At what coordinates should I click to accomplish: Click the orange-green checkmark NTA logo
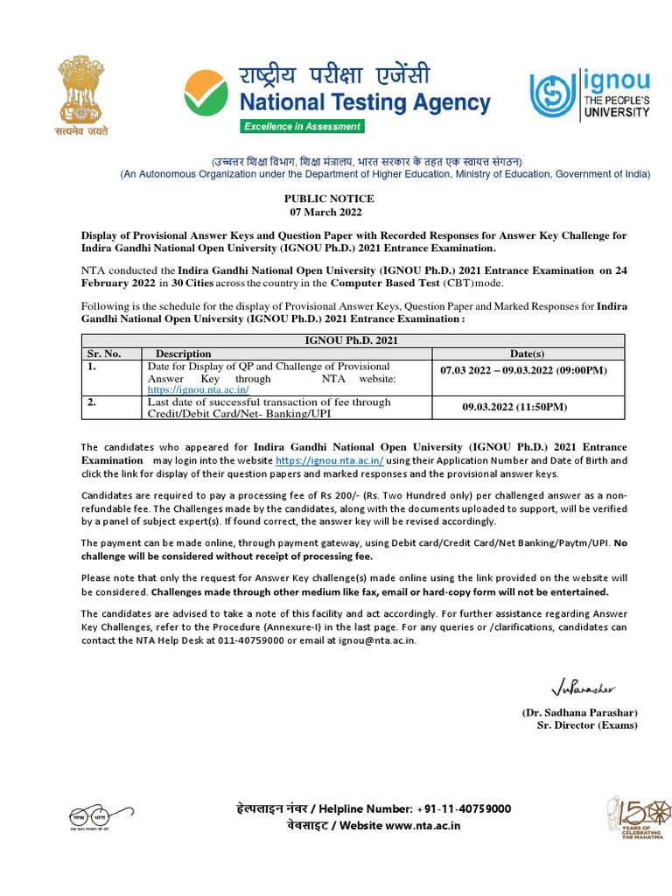(208, 94)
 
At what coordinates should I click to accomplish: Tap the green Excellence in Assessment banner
(302, 126)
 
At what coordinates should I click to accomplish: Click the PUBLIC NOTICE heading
(326, 199)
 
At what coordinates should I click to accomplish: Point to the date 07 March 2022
(326, 213)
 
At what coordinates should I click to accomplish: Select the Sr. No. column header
(103, 353)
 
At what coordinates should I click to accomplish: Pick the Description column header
(184, 353)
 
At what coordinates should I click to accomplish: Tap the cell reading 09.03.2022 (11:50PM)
(514, 408)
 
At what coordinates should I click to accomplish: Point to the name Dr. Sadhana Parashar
(580, 712)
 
